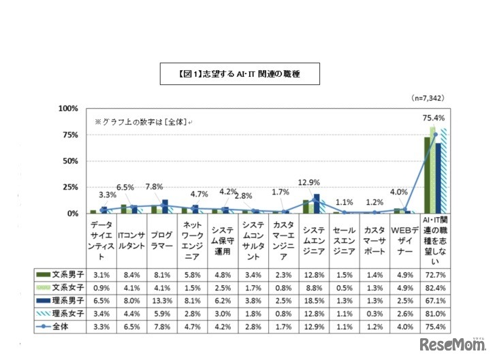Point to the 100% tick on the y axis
coord(69,109)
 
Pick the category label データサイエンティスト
coord(99,242)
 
